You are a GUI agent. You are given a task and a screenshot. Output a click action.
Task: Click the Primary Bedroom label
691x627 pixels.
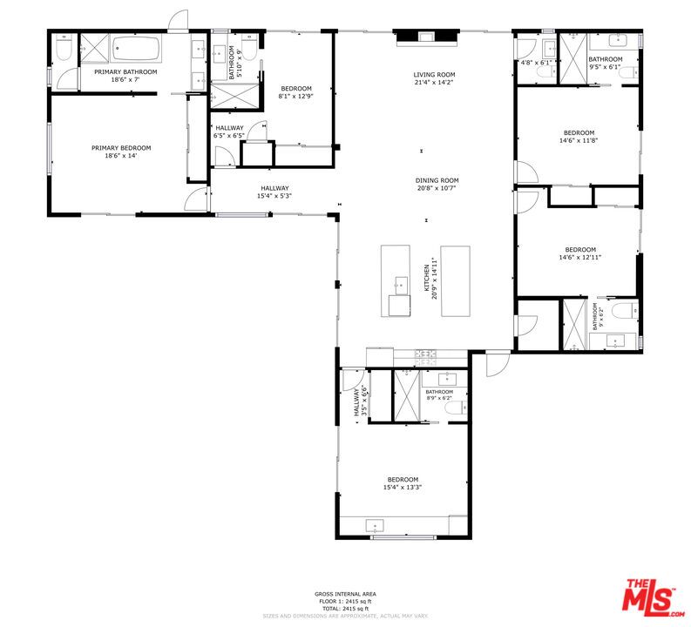[121, 148]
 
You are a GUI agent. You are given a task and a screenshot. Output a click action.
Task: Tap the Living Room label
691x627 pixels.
[434, 75]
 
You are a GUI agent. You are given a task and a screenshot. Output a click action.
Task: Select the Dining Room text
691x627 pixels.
[437, 180]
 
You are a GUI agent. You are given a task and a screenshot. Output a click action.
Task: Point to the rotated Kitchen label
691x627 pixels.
[426, 281]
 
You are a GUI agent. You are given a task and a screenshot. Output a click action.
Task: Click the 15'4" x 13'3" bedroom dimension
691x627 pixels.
[403, 488]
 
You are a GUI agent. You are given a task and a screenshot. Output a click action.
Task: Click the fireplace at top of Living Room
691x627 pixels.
[425, 37]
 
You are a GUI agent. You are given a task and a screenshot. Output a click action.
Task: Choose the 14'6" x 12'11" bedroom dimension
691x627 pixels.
[579, 257]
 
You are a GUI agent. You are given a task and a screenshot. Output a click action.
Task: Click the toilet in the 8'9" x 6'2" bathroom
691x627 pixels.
[450, 407]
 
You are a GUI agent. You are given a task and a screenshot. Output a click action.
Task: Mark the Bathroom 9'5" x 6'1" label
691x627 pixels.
[605, 63]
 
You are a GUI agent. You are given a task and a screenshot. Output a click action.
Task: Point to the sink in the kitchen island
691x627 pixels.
[401, 283]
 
